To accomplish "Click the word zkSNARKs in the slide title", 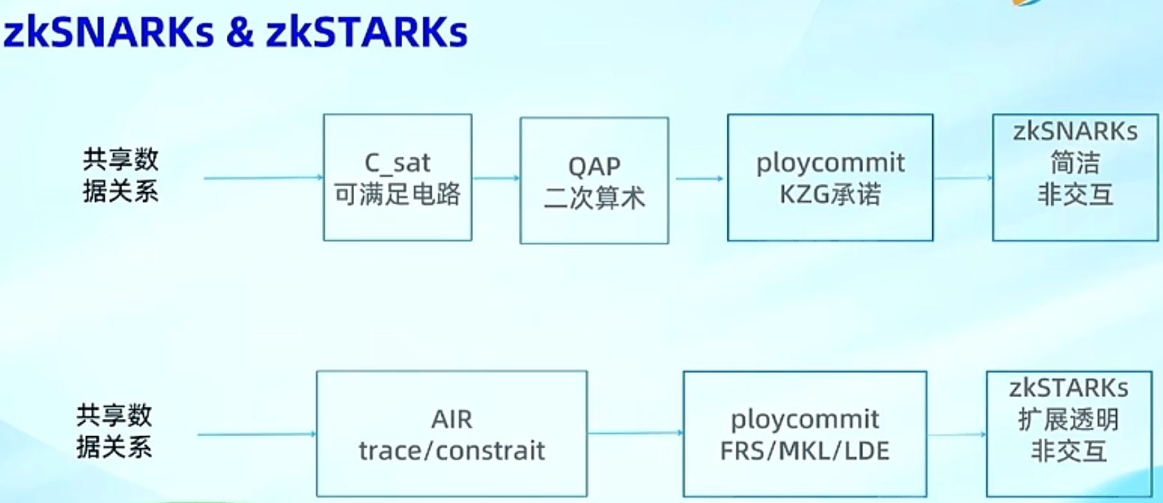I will tap(109, 33).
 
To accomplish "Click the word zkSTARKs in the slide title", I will tap(367, 33).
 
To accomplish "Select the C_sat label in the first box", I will tap(397, 163).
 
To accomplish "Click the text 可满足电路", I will tap(397, 194).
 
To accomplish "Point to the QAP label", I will tap(594, 166).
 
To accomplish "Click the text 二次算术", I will tap(594, 197).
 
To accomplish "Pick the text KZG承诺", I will tap(830, 194).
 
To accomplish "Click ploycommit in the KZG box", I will tap(830, 163).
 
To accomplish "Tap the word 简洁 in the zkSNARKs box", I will tap(1075, 163).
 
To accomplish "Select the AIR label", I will tap(452, 419).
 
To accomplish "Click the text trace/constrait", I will tap(452, 451).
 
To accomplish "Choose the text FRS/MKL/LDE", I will tap(804, 451).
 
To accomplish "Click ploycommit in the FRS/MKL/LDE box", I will tap(804, 419).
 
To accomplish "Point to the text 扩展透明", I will tap(1069, 419).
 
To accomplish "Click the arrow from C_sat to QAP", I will tap(495, 178).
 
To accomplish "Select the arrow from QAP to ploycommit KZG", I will tap(698, 179).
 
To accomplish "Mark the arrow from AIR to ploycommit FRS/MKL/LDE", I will tap(635, 433).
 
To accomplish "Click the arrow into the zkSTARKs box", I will tap(956, 435).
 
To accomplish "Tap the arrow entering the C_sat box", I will tap(263, 178).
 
